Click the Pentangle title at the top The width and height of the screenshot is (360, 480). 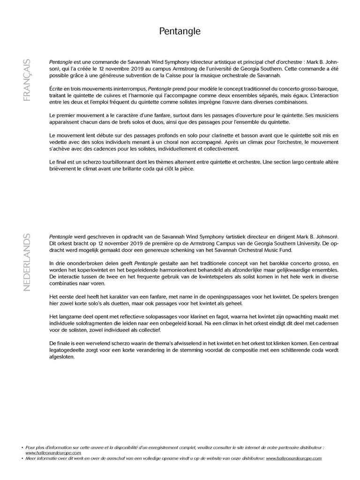coord(180,31)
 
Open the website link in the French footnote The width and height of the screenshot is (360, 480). coord(53,453)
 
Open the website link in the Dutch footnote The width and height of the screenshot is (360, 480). coord(294,458)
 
